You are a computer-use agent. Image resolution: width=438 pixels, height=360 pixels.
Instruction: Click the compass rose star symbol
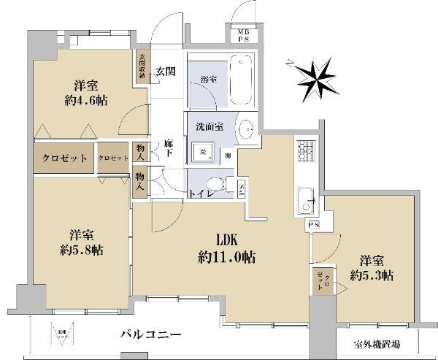[x=315, y=76]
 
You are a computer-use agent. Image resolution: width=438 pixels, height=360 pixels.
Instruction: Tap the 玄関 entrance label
[x=165, y=71]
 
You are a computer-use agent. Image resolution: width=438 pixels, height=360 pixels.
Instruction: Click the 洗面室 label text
[x=209, y=126]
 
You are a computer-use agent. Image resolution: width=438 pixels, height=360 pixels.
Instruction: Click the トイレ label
[x=201, y=195]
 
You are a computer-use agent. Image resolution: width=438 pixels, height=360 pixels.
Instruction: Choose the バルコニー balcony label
[x=151, y=334]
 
